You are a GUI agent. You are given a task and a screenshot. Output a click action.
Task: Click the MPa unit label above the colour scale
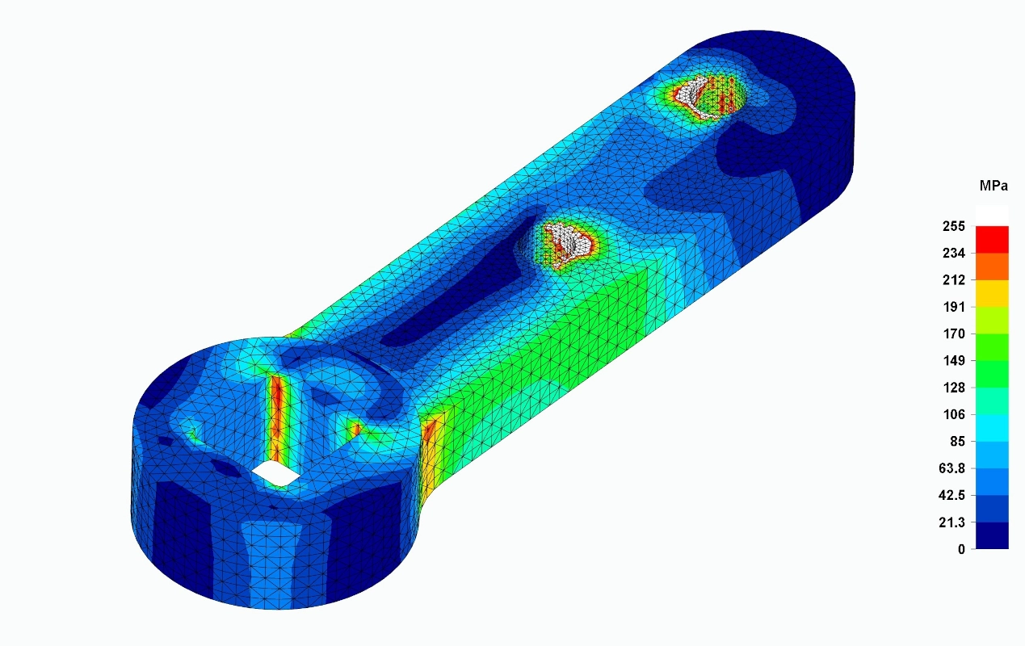993,187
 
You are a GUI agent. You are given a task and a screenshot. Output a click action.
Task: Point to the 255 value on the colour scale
954,226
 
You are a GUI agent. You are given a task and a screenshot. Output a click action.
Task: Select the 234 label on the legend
954,253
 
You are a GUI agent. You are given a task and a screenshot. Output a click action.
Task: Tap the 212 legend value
954,280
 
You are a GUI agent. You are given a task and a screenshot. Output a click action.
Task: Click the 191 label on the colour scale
954,307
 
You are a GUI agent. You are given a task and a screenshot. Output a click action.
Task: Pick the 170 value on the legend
954,334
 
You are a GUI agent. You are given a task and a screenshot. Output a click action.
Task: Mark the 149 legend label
954,361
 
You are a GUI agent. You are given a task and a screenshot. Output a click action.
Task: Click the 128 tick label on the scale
954,388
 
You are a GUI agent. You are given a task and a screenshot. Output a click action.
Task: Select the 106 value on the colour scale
954,414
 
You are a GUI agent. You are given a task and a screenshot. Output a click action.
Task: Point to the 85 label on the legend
957,442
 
